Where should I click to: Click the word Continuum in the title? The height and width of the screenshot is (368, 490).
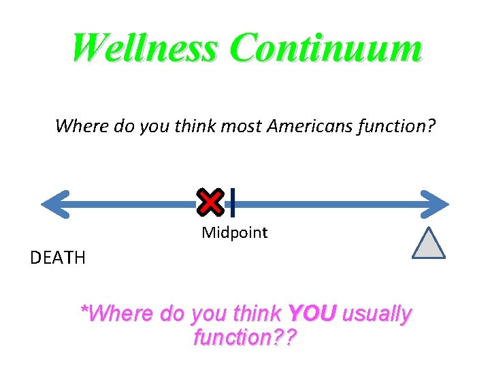326,48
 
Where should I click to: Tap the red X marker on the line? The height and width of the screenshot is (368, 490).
211,200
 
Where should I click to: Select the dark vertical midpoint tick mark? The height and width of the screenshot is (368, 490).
232,202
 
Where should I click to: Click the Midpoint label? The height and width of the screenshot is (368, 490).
235,233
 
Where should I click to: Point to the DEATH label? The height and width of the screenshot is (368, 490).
58,258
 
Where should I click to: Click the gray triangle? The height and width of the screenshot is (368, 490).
429,243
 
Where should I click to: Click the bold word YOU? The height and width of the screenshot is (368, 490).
312,313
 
